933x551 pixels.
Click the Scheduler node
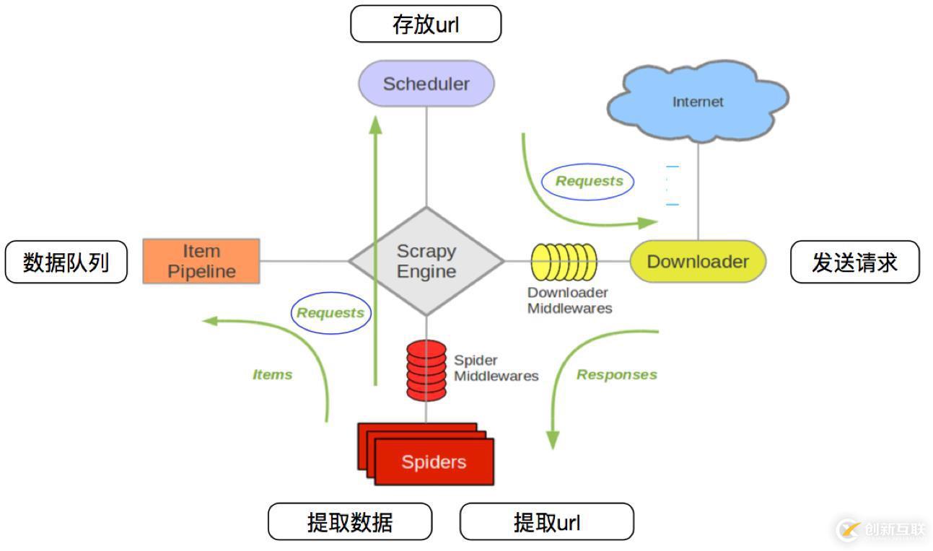426,84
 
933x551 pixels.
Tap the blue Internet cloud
698,101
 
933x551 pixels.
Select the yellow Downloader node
697,261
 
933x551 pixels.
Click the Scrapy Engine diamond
426,261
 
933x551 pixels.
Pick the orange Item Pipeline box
201,261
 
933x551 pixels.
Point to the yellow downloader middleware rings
564,261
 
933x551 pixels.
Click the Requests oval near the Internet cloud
588,181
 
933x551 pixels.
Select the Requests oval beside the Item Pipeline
330,313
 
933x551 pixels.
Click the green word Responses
616,375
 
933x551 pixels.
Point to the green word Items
272,375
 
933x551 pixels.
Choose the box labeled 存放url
426,25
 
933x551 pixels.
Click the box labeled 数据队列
66,262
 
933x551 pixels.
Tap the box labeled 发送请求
855,262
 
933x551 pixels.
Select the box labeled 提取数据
350,521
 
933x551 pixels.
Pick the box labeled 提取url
546,521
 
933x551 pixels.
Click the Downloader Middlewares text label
569,301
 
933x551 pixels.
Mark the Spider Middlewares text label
496,368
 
